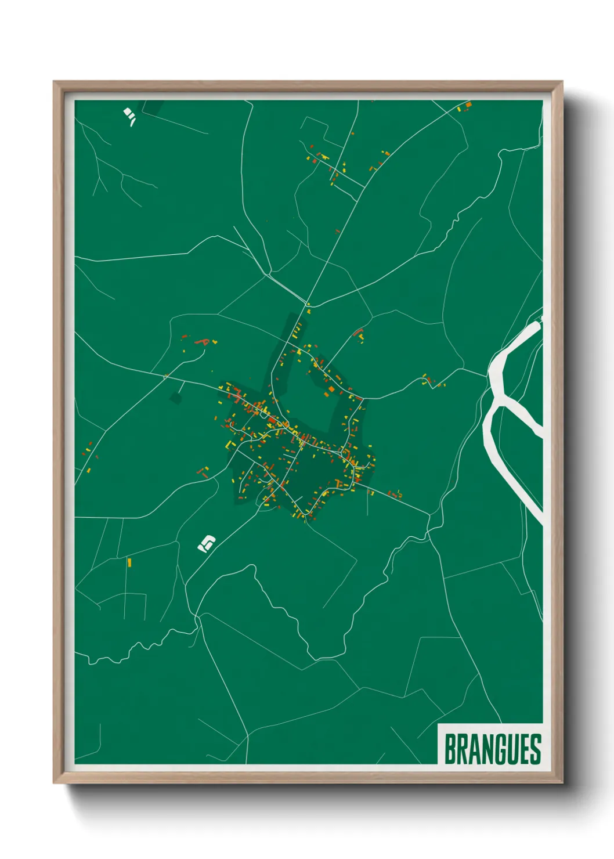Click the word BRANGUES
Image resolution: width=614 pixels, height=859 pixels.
(x=492, y=749)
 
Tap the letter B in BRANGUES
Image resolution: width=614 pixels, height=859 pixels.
(x=450, y=749)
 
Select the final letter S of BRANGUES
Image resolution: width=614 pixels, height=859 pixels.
(x=535, y=749)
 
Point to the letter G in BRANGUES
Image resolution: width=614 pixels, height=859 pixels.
(x=498, y=749)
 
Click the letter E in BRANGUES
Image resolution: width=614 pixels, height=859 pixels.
(x=523, y=749)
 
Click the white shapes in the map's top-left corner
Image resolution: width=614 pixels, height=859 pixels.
(x=129, y=115)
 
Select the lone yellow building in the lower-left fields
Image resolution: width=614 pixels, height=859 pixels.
(x=129, y=562)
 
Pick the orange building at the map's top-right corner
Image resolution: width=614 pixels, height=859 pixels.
(x=468, y=105)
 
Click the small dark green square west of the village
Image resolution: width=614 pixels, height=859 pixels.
(x=175, y=398)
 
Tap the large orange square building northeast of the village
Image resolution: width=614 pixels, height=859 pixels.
(x=331, y=389)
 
